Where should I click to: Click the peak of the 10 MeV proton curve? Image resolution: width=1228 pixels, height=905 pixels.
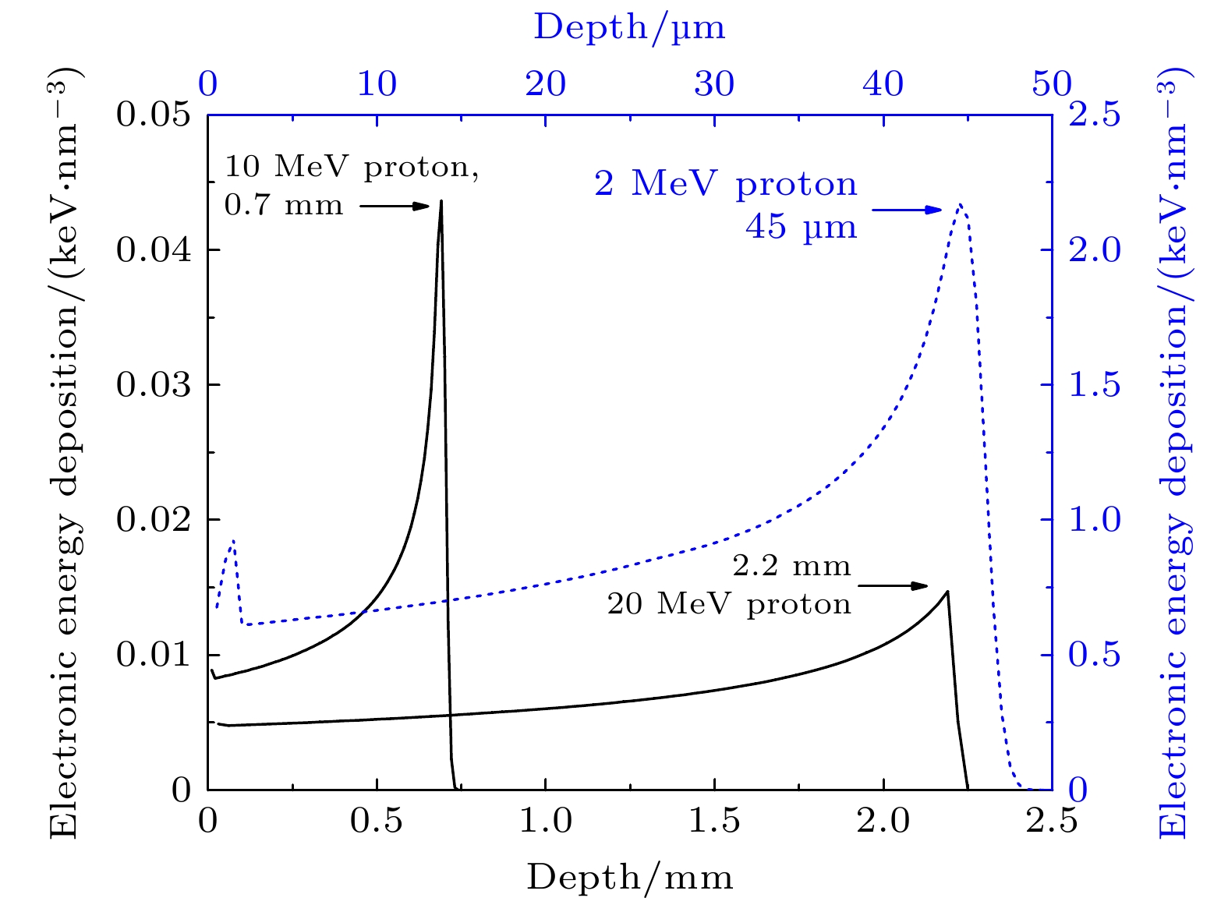pos(441,201)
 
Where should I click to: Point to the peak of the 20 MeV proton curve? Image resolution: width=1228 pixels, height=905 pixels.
pos(947,592)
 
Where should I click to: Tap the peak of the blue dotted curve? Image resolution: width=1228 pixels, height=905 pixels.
pos(961,204)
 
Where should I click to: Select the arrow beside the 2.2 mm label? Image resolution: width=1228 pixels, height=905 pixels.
pos(894,585)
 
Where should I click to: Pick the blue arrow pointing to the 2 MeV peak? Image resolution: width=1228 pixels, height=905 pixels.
pos(907,209)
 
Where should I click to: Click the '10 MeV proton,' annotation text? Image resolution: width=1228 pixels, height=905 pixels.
pos(352,166)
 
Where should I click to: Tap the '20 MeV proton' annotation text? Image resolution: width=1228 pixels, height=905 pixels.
pos(729,604)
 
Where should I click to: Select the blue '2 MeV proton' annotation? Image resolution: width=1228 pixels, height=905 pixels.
pos(725,184)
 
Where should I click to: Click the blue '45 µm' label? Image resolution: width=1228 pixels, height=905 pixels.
pos(801,227)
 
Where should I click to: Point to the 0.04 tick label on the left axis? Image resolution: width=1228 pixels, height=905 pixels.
pos(154,250)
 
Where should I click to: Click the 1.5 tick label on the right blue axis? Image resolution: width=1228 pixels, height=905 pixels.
pos(1094,385)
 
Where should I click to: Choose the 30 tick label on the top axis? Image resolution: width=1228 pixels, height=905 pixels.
pos(714,83)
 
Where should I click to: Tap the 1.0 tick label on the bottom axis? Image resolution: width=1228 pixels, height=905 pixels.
pos(546,822)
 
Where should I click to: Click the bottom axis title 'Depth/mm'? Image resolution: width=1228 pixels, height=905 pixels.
pos(630,877)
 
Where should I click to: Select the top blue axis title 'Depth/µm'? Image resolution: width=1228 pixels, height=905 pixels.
pos(629,27)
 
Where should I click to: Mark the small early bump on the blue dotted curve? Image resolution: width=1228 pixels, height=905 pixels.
pos(232,540)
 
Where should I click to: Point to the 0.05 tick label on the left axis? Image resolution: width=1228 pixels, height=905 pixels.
pos(154,115)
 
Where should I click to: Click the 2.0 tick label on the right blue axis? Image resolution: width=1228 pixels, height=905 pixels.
pos(1094,250)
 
